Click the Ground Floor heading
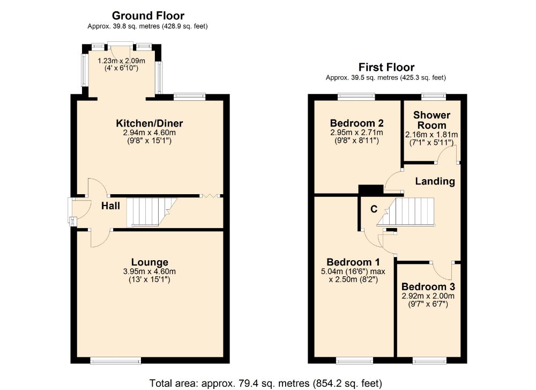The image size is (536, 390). [x=148, y=16]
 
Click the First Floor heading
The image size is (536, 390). [x=386, y=67]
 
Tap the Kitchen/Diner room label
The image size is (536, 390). [x=150, y=123]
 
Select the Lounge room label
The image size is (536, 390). [x=150, y=262]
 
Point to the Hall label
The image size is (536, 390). [x=110, y=205]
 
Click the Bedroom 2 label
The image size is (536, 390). [x=356, y=123]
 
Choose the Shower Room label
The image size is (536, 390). [x=431, y=120]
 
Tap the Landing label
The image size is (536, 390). [x=435, y=181]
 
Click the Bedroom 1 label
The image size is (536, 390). [x=353, y=262]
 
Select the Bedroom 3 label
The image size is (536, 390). [x=428, y=286]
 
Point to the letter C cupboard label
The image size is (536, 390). [x=374, y=209]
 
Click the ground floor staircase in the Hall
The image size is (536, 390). [x=152, y=212]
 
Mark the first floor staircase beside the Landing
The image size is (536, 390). [x=406, y=212]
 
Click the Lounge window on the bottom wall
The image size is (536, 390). [x=116, y=360]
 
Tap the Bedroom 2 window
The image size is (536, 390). [x=356, y=97]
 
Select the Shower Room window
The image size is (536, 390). [x=434, y=97]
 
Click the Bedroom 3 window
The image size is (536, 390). [x=429, y=360]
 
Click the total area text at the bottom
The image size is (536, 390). [x=266, y=383]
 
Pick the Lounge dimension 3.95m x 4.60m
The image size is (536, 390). [x=150, y=271]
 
